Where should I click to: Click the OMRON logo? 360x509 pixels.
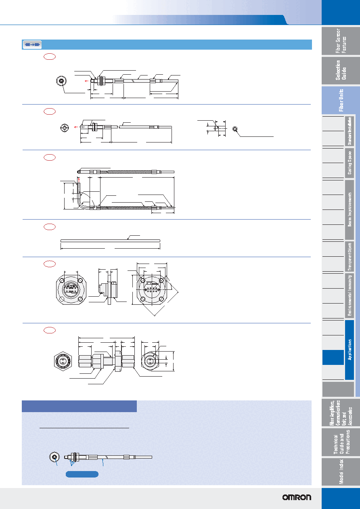[x=297, y=497]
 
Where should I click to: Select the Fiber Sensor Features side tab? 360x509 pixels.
[x=341, y=41]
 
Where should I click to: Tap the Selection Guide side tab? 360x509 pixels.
[x=341, y=70]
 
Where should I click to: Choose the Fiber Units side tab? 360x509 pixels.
[x=341, y=100]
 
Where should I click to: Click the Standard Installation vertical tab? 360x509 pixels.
[x=350, y=131]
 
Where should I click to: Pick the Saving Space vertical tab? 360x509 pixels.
[x=350, y=163]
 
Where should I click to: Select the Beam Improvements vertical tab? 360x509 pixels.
[x=350, y=209]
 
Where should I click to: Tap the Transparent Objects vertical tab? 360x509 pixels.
[x=350, y=257]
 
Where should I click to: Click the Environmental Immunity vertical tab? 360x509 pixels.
[x=350, y=295]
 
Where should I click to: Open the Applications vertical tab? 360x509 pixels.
[x=350, y=350]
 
